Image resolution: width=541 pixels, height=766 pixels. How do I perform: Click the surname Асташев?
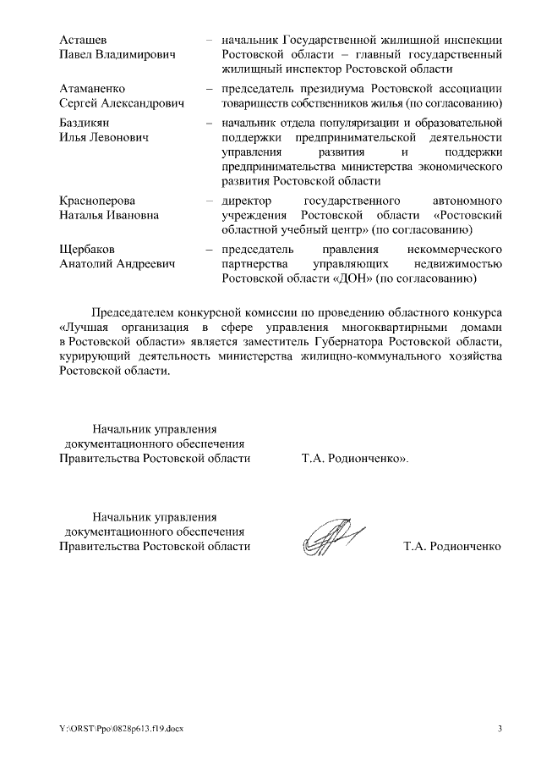pyautogui.click(x=85, y=40)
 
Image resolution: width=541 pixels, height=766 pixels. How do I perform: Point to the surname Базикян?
pyautogui.click(x=85, y=124)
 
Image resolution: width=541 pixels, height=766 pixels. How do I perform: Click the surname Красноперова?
pyautogui.click(x=97, y=201)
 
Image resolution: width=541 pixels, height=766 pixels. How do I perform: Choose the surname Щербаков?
pyautogui.click(x=87, y=250)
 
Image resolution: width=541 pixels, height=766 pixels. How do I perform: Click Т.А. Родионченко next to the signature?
pyautogui.click(x=452, y=546)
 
